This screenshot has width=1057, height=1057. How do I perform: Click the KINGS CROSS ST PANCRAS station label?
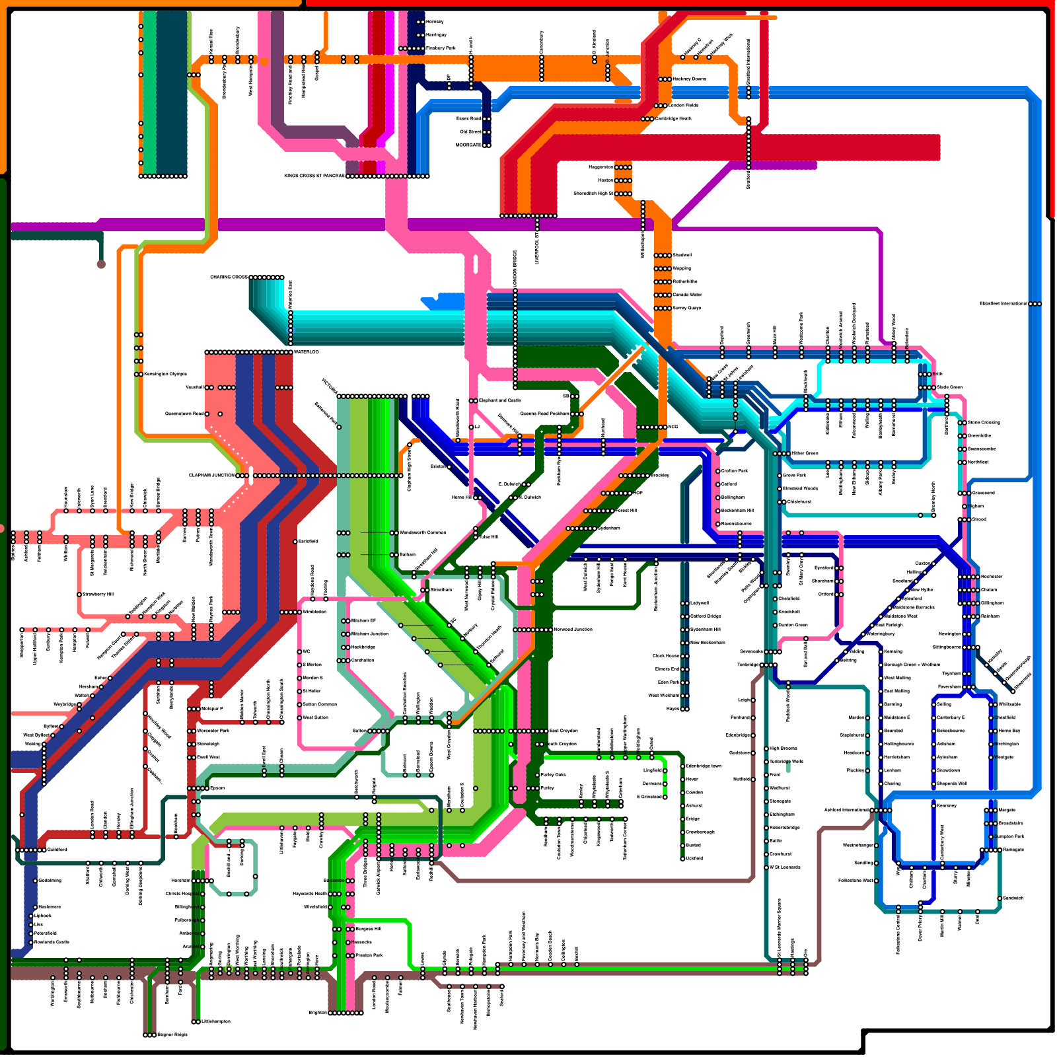pyautogui.click(x=314, y=176)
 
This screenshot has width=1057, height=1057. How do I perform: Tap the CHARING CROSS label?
pyautogui.click(x=229, y=277)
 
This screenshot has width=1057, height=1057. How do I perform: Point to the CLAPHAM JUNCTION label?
pyautogui.click(x=211, y=476)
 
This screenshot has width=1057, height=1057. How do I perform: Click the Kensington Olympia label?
pyautogui.click(x=165, y=375)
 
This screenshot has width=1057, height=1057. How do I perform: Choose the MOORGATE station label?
pyautogui.click(x=468, y=145)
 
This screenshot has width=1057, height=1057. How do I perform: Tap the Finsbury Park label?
pyautogui.click(x=441, y=48)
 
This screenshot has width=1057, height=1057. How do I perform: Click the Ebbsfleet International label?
pyautogui.click(x=1003, y=304)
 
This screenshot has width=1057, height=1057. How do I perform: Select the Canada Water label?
pyautogui.click(x=687, y=295)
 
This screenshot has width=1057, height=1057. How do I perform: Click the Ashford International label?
pyautogui.click(x=846, y=810)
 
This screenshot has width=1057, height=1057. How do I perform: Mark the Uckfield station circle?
pyautogui.click(x=682, y=859)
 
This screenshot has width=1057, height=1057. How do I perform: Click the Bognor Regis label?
pyautogui.click(x=172, y=1035)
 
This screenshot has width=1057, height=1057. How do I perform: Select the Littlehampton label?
pyautogui.click(x=216, y=1022)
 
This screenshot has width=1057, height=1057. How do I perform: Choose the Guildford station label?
pyautogui.click(x=57, y=850)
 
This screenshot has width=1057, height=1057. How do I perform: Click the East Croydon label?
pyautogui.click(x=564, y=731)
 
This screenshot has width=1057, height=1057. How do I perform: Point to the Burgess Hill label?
pyautogui.click(x=368, y=929)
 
